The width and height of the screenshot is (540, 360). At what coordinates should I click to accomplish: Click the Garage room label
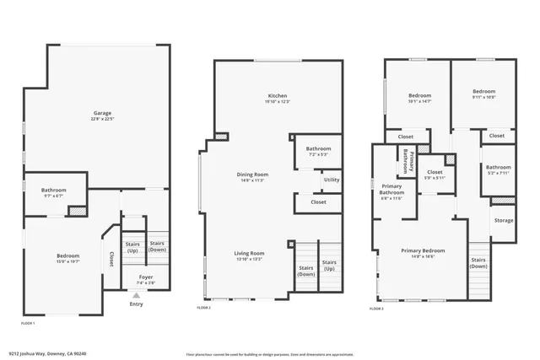point(101,113)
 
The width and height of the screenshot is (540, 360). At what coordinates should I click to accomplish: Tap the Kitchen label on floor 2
point(278,95)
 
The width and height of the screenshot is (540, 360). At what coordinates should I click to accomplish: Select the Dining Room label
point(252,175)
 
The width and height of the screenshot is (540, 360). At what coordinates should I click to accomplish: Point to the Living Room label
point(250,253)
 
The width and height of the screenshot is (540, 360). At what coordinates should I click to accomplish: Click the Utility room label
point(331,180)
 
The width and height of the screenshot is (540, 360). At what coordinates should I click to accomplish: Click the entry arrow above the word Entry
point(136,295)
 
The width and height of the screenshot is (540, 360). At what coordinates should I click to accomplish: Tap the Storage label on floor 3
point(503,221)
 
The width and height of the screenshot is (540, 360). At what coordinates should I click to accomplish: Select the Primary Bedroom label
point(423,250)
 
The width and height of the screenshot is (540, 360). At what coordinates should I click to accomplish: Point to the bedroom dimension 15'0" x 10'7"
point(67,261)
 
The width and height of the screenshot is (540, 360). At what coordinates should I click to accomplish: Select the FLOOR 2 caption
point(204,309)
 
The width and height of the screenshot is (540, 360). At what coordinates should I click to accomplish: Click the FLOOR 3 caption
point(376,309)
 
